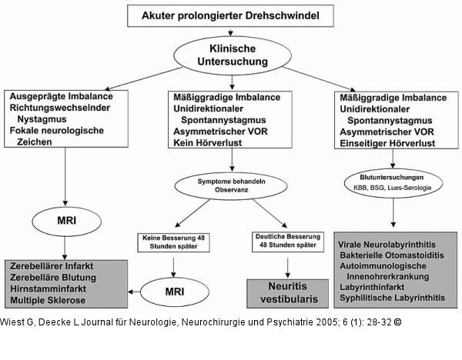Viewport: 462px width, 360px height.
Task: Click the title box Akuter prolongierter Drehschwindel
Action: pos(230,15)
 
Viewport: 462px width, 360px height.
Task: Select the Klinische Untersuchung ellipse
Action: pos(231,54)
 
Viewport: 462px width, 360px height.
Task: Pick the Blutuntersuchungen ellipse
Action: pos(393,182)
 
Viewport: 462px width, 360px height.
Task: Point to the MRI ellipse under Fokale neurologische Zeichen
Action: pos(65,220)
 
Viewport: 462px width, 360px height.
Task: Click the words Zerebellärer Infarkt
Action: pos(50,266)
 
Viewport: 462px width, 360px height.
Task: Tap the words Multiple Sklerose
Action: pos(46,300)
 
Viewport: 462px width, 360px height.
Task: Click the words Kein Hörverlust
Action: pos(202,143)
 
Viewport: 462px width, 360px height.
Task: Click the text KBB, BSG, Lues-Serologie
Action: pos(393,188)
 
